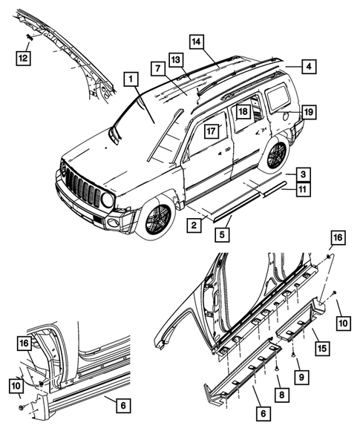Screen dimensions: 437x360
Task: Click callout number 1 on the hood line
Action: [x=130, y=79]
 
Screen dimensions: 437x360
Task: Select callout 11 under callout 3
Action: [x=303, y=190]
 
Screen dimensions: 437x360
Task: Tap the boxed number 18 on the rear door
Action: [x=243, y=111]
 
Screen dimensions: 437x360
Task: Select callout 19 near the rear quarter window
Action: [x=308, y=112]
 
